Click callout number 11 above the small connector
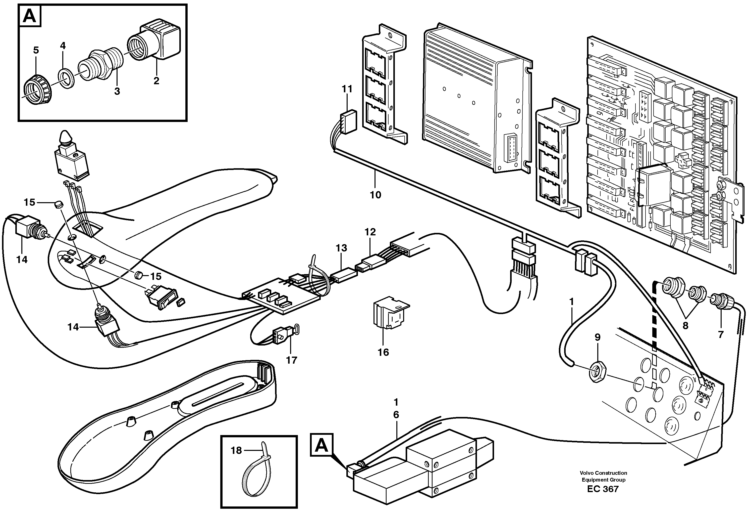[347, 89]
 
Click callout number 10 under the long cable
[376, 195]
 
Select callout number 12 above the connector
[370, 232]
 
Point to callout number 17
[291, 360]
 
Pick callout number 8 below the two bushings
[685, 326]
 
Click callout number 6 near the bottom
[396, 415]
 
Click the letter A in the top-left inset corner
[30, 16]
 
